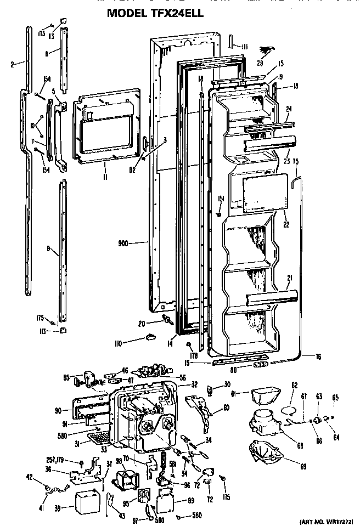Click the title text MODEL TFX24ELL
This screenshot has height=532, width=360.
coord(156,13)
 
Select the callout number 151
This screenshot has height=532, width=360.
coord(221,199)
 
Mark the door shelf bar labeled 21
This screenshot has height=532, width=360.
coord(272,298)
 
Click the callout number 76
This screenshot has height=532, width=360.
coord(318,357)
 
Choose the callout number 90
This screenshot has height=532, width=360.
coord(58,410)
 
